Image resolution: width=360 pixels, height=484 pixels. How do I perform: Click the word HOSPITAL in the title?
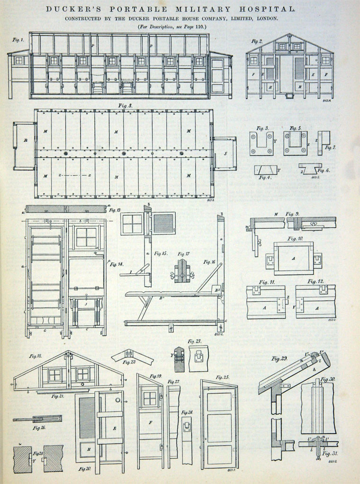(269, 9)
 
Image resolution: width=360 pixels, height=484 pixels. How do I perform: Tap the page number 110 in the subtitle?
(198, 27)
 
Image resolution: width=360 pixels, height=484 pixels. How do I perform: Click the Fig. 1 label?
(18, 40)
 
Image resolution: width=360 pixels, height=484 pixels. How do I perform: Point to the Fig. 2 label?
(257, 41)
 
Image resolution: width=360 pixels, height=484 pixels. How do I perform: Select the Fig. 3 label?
(262, 128)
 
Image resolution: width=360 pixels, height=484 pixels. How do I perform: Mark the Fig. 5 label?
(296, 128)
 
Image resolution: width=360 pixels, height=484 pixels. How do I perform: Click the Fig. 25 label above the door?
(222, 377)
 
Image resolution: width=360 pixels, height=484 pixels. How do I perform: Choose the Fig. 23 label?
(194, 341)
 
